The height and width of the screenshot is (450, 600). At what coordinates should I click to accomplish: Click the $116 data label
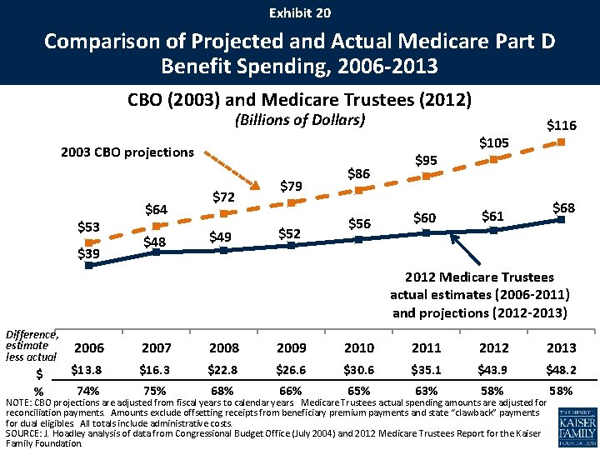click(x=562, y=125)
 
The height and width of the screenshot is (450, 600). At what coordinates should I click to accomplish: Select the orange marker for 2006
click(x=89, y=242)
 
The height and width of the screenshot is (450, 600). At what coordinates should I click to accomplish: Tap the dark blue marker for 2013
click(x=562, y=219)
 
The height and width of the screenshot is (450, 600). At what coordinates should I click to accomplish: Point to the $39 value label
click(x=89, y=253)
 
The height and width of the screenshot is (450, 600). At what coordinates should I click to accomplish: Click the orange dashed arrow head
click(x=255, y=185)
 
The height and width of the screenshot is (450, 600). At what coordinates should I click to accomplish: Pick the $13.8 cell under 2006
click(x=87, y=370)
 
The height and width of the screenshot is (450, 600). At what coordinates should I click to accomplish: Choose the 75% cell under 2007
click(x=155, y=391)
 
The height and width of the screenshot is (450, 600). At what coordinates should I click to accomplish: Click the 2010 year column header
click(x=359, y=347)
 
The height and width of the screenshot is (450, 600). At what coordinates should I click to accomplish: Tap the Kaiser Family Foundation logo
click(x=577, y=427)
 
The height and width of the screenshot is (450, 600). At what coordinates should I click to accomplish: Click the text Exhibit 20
click(x=300, y=13)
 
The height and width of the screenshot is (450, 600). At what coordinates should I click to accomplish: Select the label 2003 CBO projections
click(x=127, y=152)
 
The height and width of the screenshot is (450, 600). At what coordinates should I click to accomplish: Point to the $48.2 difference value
click(x=562, y=370)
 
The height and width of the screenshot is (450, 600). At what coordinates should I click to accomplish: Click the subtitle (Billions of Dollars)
click(x=300, y=120)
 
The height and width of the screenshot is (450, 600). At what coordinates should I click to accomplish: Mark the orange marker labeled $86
click(x=359, y=190)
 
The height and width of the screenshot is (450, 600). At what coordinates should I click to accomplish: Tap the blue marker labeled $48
click(x=156, y=252)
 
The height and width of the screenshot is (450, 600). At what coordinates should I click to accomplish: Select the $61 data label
click(x=492, y=216)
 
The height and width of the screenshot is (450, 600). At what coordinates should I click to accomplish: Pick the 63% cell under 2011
click(x=427, y=391)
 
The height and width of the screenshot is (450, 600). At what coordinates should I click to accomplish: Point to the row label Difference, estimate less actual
click(x=32, y=346)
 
